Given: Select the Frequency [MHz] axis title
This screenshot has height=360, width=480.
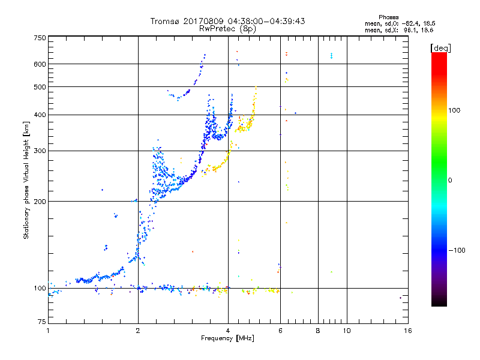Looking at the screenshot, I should pyautogui.click(x=227, y=338).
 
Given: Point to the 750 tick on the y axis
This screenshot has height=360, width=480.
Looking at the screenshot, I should pyautogui.click(x=40, y=38).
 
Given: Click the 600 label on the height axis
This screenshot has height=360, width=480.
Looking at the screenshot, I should pyautogui.click(x=40, y=64).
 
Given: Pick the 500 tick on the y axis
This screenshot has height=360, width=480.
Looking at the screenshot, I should pyautogui.click(x=40, y=87).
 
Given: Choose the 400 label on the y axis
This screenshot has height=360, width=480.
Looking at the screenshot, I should pyautogui.click(x=40, y=115).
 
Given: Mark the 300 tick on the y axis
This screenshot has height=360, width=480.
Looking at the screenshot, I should pyautogui.click(x=40, y=151).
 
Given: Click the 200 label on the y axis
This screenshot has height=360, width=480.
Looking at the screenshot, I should pyautogui.click(x=40, y=201).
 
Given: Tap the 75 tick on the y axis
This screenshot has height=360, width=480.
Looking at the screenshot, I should pyautogui.click(x=41, y=323).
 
